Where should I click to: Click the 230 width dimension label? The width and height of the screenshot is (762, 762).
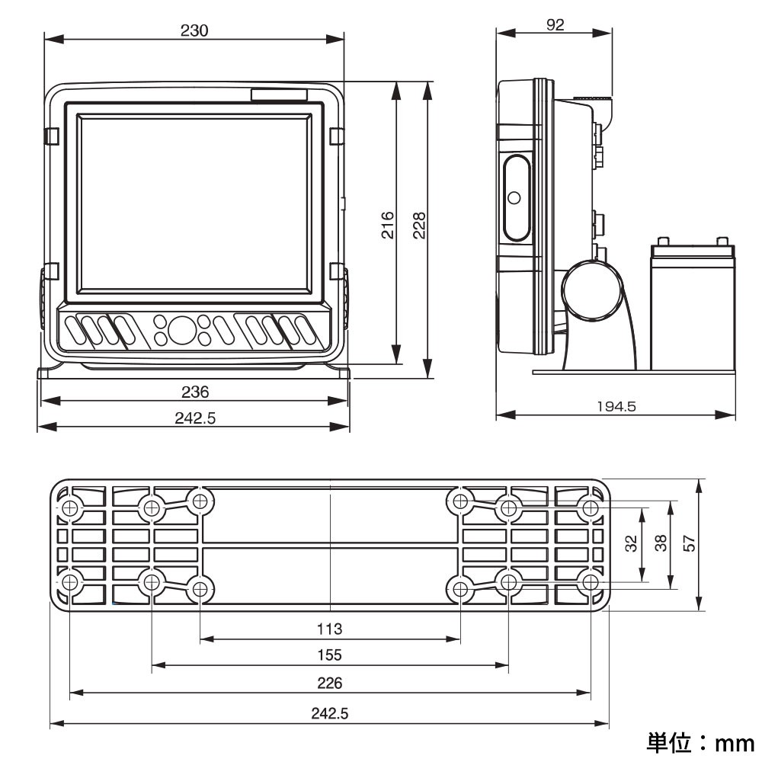coord(194,30)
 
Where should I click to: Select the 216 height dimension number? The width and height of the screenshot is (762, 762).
coord(388,225)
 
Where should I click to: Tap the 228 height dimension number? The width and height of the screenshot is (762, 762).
coord(419,225)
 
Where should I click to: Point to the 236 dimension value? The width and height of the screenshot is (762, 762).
coord(195,392)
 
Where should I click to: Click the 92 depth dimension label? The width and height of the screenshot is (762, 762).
coord(555,24)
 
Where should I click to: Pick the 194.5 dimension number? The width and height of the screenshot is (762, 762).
coord(616,406)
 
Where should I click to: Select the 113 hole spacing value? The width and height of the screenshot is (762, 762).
coord(329,629)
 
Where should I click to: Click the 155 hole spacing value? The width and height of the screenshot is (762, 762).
coord(329,655)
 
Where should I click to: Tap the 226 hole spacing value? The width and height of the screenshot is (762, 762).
coord(330,683)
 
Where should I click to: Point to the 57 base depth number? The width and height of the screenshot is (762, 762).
coord(689,543)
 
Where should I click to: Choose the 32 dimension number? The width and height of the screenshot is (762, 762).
coord(631,543)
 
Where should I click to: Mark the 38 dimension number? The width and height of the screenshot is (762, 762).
coord(661,543)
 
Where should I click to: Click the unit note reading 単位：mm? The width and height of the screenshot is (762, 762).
coord(700,742)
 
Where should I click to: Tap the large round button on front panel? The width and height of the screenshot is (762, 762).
coord(181,329)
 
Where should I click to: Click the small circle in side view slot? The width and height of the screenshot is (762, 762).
coord(514,198)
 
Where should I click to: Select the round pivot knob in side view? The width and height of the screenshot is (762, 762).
coord(592,290)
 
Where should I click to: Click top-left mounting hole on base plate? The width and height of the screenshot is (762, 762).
coord(70,508)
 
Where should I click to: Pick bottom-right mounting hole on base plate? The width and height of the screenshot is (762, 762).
coord(591,582)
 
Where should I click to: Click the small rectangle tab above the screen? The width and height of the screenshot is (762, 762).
coord(279,94)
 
